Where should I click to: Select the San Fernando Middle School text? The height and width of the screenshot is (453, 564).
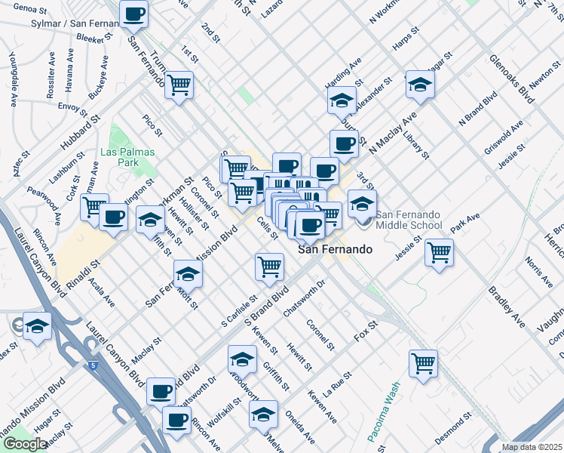(408, 219)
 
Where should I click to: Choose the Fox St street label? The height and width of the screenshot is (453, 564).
(364, 336)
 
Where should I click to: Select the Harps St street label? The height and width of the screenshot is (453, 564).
(406, 41)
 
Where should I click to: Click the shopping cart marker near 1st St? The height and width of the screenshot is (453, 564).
(179, 84)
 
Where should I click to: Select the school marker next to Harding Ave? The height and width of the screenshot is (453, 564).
(342, 100)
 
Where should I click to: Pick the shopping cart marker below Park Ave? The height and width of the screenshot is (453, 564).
(439, 252)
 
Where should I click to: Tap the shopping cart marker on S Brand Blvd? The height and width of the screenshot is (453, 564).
(269, 266)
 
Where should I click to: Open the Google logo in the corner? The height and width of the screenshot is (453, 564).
(25, 444)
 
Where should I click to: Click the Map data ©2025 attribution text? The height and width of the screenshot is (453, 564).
(531, 447)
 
